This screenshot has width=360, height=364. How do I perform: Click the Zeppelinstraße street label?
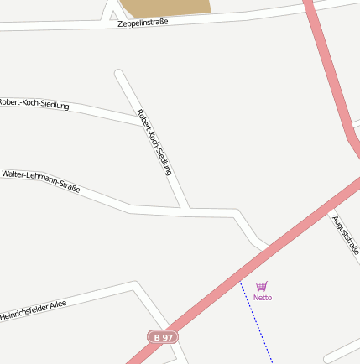(143, 23)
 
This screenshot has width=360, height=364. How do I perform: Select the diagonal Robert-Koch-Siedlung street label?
(154, 142)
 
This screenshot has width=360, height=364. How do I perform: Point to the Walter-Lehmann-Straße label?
(41, 181)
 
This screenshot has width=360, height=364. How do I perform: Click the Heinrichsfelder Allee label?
(34, 310)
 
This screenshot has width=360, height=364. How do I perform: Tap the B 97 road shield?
(163, 336)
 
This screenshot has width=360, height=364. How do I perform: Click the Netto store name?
(263, 298)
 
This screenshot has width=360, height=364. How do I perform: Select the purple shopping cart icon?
(262, 286)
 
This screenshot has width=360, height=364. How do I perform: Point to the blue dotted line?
(257, 322)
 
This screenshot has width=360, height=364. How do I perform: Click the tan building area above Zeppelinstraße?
(164, 7)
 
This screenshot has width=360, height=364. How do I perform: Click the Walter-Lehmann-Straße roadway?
(109, 199)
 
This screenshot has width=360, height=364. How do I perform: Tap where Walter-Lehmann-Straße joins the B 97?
(265, 248)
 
